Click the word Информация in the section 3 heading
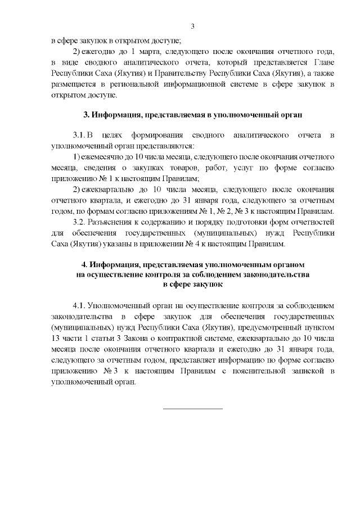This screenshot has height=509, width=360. coord(118,115)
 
